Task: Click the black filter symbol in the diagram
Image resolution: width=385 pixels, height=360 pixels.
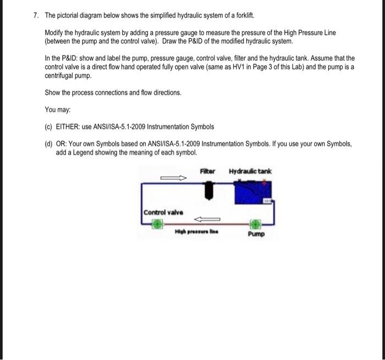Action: coord(209,191)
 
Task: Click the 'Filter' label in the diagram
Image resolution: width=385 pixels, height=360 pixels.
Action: coord(208,171)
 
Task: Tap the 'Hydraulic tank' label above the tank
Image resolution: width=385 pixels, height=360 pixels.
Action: coord(250,171)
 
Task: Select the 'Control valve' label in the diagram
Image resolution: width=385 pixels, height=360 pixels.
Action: coord(163,212)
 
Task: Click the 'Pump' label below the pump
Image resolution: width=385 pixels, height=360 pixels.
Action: coord(256,234)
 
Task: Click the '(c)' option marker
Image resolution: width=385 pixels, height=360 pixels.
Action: coord(48,127)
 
